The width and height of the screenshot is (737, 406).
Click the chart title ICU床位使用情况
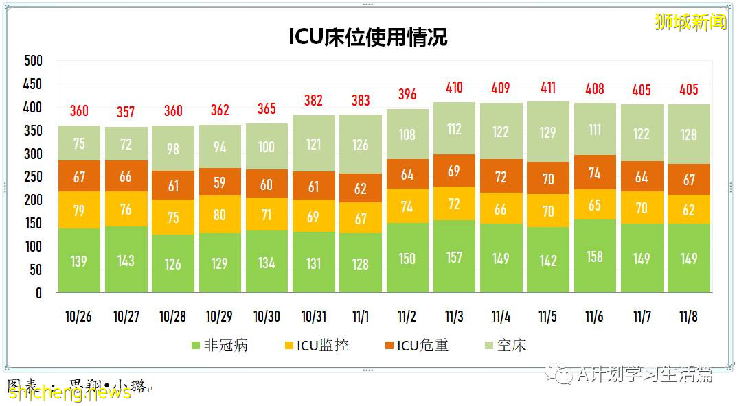click(x=367, y=36)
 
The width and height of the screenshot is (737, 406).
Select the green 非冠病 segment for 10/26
click(x=79, y=261)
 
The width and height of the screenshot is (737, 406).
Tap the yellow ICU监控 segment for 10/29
click(x=220, y=214)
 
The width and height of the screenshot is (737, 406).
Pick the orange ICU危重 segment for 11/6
click(x=595, y=172)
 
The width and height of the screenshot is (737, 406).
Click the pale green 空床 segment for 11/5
click(x=547, y=132)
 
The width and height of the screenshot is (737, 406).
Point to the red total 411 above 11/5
click(x=547, y=88)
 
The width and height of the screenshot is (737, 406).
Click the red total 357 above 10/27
click(x=126, y=112)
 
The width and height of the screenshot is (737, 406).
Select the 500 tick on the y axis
click(x=33, y=61)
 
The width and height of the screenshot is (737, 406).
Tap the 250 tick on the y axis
click(x=33, y=177)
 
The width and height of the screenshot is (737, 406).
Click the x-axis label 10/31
click(x=313, y=317)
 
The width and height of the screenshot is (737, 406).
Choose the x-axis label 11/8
click(x=688, y=317)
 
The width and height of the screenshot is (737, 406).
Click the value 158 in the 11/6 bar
click(x=595, y=256)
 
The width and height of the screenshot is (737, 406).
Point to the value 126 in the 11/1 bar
click(x=360, y=145)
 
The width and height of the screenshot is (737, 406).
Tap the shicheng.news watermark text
click(x=69, y=392)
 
